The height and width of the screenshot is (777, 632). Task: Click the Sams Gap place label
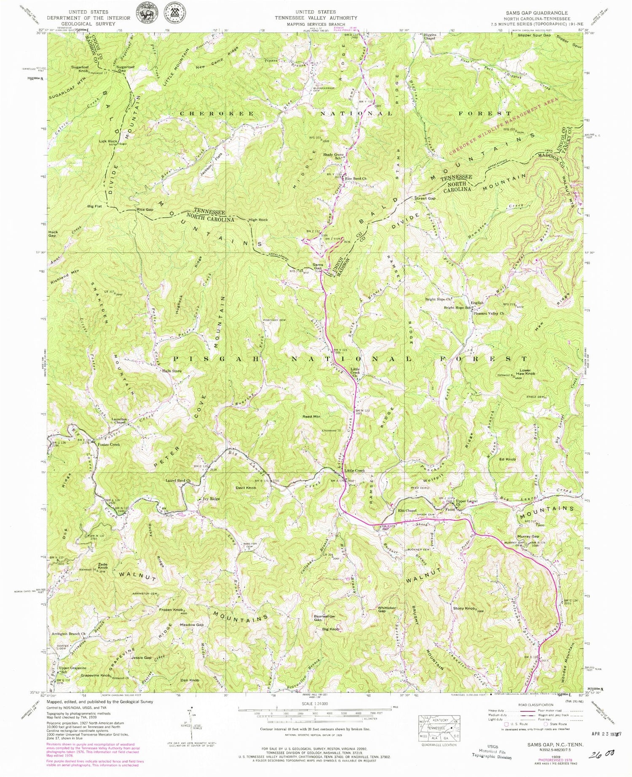pyautogui.click(x=317, y=267)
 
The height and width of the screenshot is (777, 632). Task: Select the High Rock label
pyautogui.click(x=258, y=220)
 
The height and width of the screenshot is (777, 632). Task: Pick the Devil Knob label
pyautogui.click(x=246, y=488)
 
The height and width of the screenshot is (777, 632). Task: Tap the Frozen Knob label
pyautogui.click(x=171, y=610)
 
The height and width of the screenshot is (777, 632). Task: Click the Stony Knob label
pyautogui.click(x=464, y=609)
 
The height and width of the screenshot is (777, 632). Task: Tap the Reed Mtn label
pyautogui.click(x=311, y=417)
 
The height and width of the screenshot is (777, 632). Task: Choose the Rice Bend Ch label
pyautogui.click(x=356, y=179)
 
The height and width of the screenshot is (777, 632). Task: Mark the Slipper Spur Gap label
pyautogui.click(x=534, y=35)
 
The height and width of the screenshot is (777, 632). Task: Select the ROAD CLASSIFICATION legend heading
pyautogui.click(x=535, y=705)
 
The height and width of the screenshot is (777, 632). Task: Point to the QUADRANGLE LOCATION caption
pyautogui.click(x=439, y=745)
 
